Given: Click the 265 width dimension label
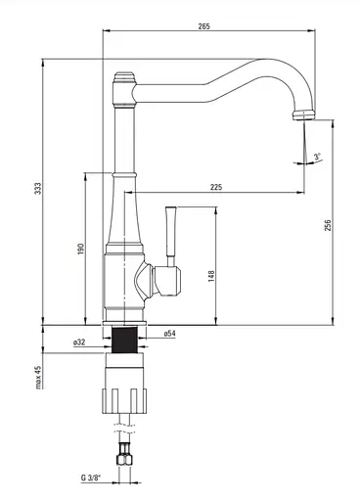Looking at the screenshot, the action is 204,26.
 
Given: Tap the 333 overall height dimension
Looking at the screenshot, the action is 38,189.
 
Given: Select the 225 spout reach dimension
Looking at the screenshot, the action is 216,187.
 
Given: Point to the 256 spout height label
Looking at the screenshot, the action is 328,225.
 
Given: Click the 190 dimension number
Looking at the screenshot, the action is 81,249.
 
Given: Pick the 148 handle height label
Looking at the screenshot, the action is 211,276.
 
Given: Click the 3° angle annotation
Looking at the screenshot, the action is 318,157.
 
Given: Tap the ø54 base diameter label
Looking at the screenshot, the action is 169,334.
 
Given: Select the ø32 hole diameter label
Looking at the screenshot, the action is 79,342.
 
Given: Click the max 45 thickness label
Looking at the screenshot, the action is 39,377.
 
